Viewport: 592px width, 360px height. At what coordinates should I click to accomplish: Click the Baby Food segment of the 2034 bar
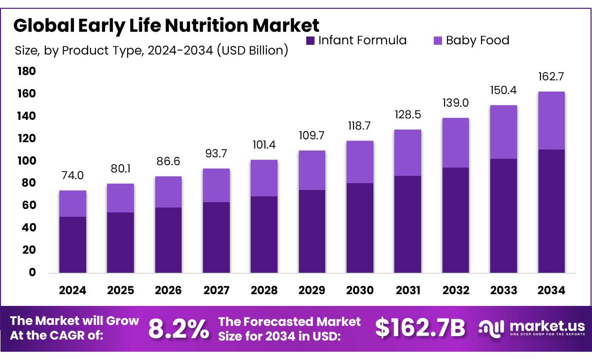coord(552,120)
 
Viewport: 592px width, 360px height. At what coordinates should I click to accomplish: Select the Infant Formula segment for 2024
coord(73,244)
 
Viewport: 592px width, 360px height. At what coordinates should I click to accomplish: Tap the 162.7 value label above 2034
coord(552,77)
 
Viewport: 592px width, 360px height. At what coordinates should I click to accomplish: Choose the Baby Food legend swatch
coord(438,40)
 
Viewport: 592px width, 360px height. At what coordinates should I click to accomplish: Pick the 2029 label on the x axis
coord(312,290)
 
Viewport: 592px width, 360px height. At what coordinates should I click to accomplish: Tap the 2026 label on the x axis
coord(168,290)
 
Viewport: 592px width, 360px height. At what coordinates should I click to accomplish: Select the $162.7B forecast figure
coord(420,328)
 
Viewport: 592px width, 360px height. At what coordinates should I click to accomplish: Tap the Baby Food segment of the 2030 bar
coord(360,162)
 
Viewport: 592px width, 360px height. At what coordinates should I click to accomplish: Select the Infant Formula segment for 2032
coord(456,220)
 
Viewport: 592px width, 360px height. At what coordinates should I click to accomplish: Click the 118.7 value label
coord(360,126)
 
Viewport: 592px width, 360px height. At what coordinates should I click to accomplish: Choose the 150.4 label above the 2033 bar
coord(503,91)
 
